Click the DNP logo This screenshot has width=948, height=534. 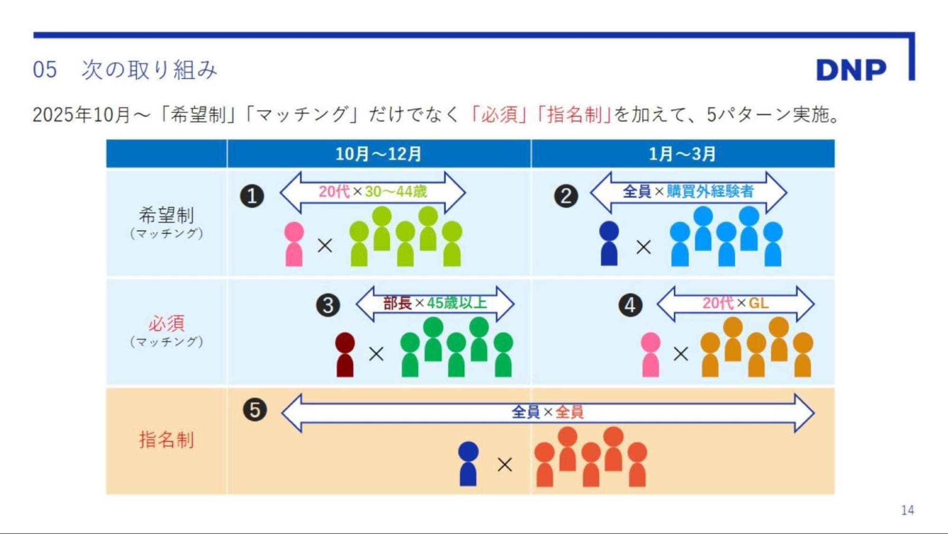[851, 70]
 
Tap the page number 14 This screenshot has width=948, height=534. [907, 510]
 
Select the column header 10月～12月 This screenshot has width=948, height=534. [378, 154]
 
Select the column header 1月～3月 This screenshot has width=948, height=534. [682, 154]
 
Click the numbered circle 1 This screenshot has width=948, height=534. [252, 196]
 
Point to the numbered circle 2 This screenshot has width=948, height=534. [566, 196]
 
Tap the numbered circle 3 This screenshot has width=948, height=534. [328, 305]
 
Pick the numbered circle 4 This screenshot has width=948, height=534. [630, 305]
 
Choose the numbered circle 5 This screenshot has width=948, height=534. [255, 410]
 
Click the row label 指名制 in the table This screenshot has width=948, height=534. [166, 440]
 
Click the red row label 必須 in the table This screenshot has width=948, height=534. [166, 324]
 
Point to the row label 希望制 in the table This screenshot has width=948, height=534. [166, 215]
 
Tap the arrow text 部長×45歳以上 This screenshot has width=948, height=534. [435, 303]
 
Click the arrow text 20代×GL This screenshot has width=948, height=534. [735, 303]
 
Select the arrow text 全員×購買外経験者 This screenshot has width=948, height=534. [688, 191]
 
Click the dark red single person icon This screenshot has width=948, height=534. [345, 355]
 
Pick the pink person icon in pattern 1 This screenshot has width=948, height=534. [294, 244]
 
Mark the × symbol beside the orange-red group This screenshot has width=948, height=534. [505, 464]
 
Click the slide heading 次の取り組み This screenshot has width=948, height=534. [149, 70]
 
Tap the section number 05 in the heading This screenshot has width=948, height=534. [45, 70]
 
